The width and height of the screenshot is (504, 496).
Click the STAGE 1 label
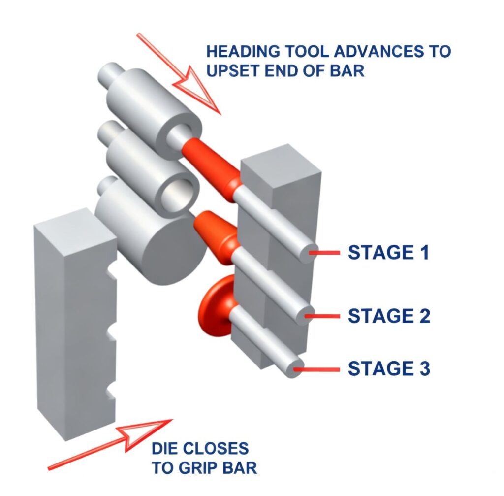388,253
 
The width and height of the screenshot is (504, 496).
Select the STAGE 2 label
389,316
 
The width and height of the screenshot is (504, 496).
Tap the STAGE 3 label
389,368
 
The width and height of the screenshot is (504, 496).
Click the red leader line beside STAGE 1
324,253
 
